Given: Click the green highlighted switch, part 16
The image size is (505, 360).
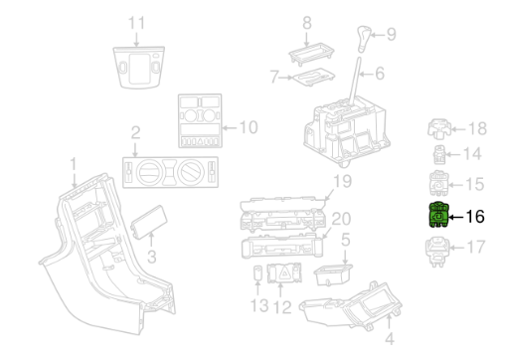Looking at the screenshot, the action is [438, 215].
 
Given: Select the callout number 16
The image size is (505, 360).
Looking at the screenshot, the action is [475, 217].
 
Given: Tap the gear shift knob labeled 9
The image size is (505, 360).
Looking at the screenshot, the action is [364, 39].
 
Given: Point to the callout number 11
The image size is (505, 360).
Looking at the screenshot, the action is [136, 23].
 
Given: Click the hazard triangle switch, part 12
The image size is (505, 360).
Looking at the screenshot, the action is [284, 272].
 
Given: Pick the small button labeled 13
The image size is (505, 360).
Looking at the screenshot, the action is [257, 272].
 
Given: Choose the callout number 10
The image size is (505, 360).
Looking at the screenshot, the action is [249, 127].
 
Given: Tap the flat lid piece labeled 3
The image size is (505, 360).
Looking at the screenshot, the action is [149, 222].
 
